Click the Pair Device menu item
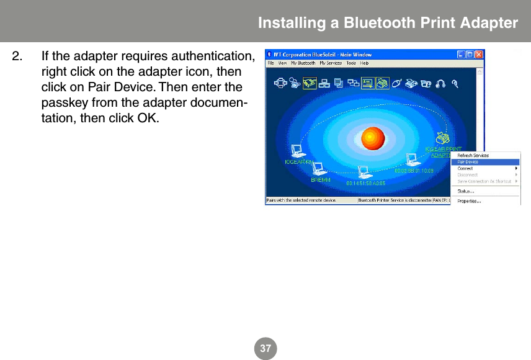pyautogui.click(x=468, y=162)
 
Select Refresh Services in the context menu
pyautogui.click(x=473, y=155)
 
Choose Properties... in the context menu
pyautogui.click(x=469, y=201)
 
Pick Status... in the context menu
pyautogui.click(x=466, y=191)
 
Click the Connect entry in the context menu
pyautogui.click(x=465, y=168)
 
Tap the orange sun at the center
pyautogui.click(x=373, y=138)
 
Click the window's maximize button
pyautogui.click(x=470, y=55)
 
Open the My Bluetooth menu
pyautogui.click(x=305, y=63)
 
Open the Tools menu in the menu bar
pyautogui.click(x=351, y=63)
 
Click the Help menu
pyautogui.click(x=365, y=63)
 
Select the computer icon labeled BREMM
pyautogui.click(x=319, y=168)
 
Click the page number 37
pyautogui.click(x=265, y=349)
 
